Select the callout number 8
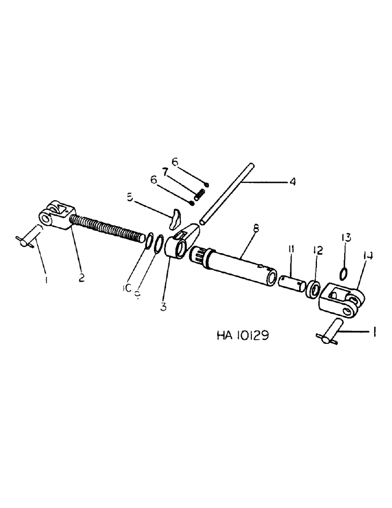point(255,230)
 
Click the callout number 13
point(346,237)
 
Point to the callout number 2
point(82,278)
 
